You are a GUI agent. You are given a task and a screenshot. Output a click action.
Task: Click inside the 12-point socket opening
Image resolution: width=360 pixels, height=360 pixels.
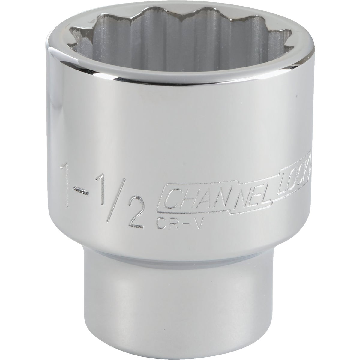coord(192,45)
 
